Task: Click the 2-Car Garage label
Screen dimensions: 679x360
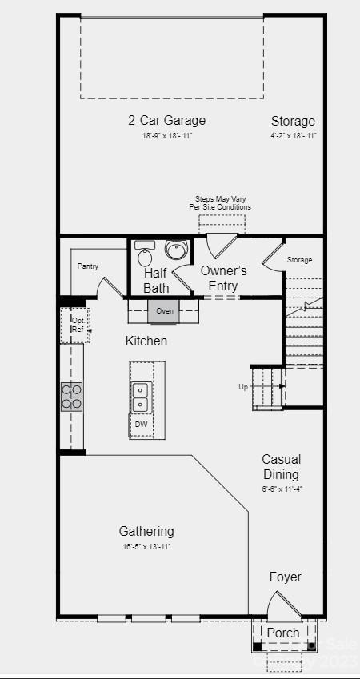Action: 167,121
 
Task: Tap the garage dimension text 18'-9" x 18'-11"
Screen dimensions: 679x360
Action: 167,136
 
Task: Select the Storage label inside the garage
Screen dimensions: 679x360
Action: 293,122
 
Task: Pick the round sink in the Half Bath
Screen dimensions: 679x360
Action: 174,248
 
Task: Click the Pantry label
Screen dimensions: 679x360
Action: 87,266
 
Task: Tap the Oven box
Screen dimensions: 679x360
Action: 165,310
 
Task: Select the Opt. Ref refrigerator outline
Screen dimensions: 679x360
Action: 76,325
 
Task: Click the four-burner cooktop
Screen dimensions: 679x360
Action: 72,396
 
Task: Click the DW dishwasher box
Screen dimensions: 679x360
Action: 141,425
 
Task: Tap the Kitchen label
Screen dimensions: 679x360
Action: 146,341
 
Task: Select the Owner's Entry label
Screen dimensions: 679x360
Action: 223,278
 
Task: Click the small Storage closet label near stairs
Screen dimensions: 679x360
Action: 300,260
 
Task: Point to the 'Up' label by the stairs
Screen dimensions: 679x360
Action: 243,387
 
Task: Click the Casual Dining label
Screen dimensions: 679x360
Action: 282,467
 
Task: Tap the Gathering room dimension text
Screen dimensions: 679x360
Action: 146,547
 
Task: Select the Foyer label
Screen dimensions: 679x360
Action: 286,577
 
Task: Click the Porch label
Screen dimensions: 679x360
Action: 283,633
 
